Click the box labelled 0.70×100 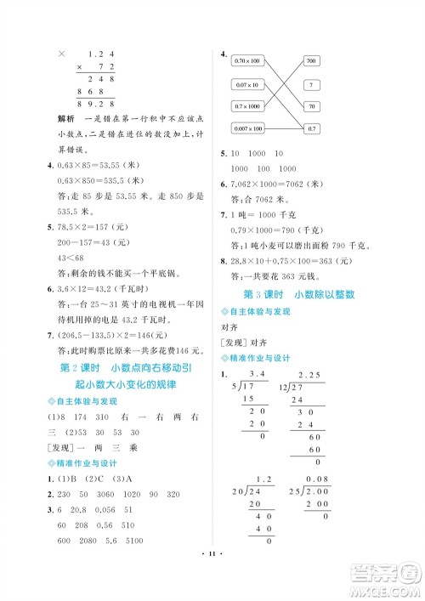pos(247,62)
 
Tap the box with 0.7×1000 pos(247,106)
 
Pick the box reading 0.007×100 pos(247,128)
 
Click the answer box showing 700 pos(310,62)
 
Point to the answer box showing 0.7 pos(310,128)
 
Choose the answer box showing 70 pos(310,106)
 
